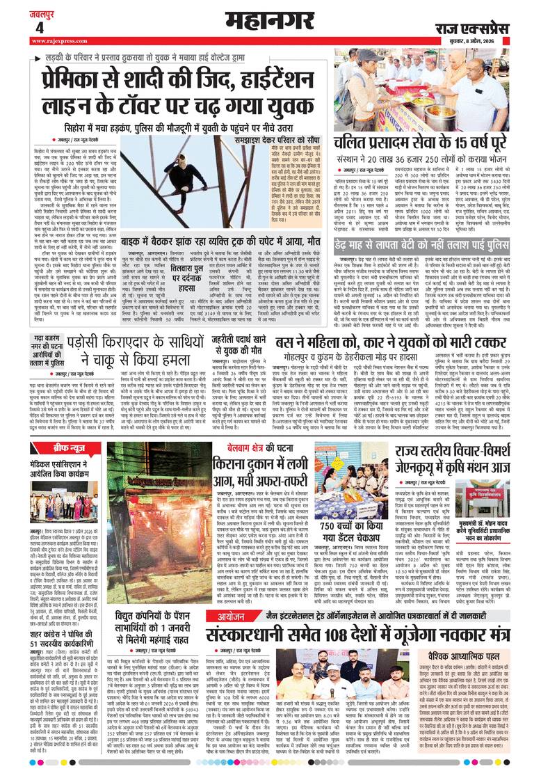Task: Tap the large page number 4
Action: pos(39,27)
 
